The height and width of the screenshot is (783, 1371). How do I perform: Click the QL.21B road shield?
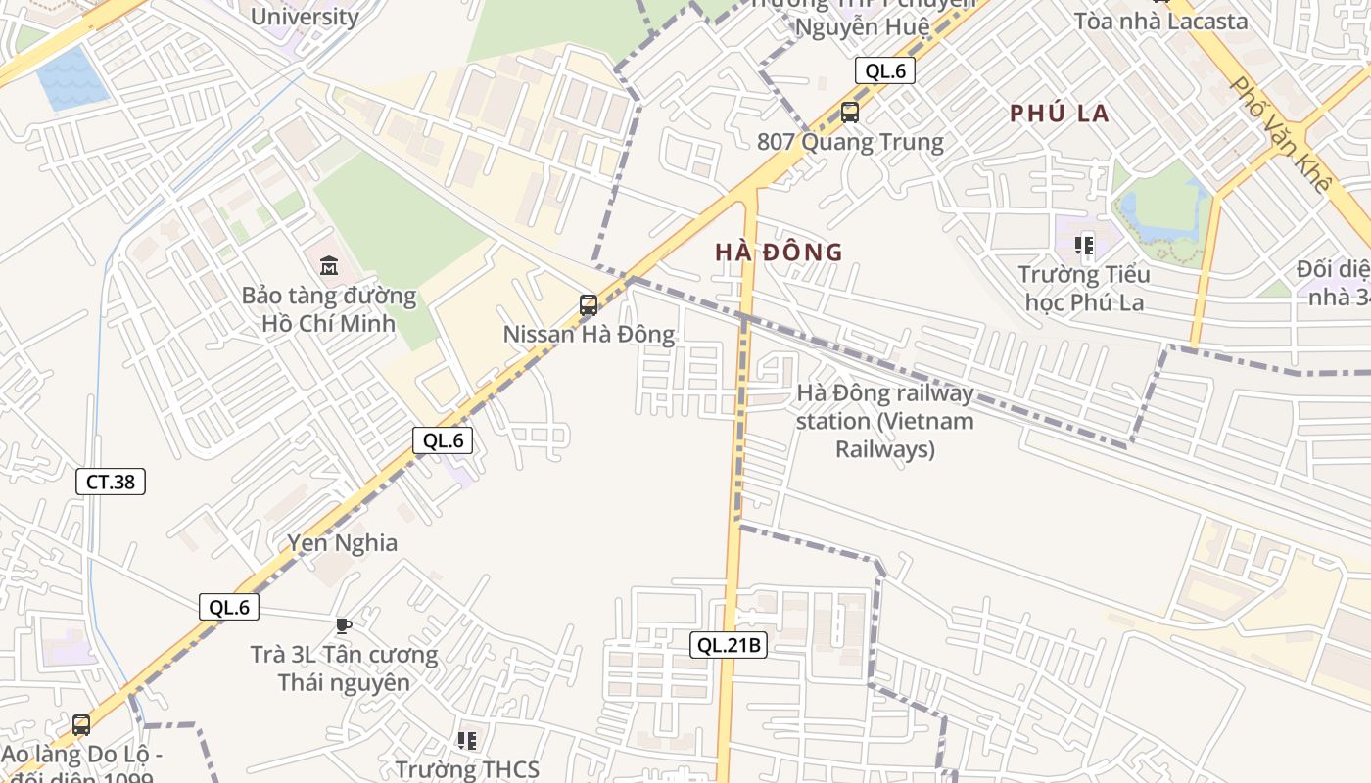(728, 645)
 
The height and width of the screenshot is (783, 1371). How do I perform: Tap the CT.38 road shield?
(111, 482)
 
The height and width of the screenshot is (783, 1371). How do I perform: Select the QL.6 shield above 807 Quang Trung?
(885, 70)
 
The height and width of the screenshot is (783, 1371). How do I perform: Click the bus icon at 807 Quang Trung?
(850, 113)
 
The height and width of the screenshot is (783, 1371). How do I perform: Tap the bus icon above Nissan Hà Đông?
(588, 304)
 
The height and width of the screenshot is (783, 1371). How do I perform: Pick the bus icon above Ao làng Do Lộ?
(81, 725)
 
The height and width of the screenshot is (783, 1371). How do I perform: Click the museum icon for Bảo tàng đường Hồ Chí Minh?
(329, 265)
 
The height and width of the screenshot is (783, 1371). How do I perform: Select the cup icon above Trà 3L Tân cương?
(343, 624)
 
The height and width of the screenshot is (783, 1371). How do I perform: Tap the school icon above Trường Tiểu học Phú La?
(1084, 245)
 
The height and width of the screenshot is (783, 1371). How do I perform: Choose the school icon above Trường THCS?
(467, 741)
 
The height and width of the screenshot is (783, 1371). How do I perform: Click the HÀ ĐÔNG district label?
(779, 253)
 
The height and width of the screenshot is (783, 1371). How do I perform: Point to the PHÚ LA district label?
(1060, 114)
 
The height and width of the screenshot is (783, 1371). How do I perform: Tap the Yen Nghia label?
(342, 543)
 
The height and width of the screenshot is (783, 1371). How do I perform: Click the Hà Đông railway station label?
(884, 421)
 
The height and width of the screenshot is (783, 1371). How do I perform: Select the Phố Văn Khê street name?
(1282, 134)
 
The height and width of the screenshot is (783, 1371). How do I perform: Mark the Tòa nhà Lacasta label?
(1160, 22)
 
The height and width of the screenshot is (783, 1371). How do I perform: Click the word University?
(305, 17)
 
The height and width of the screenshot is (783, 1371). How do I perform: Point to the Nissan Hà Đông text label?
(589, 335)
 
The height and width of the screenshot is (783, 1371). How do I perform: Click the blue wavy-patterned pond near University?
(71, 76)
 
